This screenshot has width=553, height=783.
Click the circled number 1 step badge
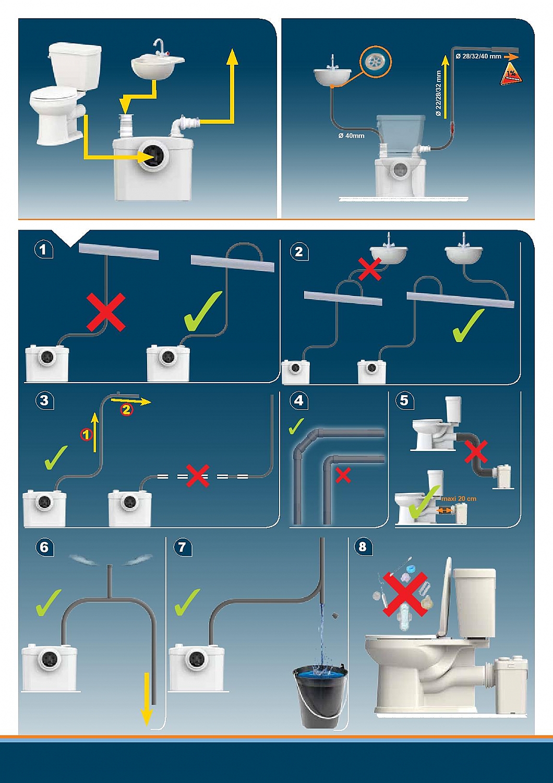43,250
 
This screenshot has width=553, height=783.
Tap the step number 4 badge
298,400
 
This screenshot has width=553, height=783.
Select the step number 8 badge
363,547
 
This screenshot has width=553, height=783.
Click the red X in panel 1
106,312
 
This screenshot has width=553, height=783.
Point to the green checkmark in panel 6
49,602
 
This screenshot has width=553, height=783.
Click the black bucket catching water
320,694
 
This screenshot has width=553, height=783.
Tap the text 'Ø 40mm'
351,136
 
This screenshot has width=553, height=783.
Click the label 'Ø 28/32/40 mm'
478,56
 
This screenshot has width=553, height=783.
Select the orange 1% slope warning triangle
511,75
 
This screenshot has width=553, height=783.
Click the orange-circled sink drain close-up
375,61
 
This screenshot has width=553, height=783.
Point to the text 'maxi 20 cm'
459,499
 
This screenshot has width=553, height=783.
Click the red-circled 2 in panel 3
126,410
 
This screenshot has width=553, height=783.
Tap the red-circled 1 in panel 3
87,434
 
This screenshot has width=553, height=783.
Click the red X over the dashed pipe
198,476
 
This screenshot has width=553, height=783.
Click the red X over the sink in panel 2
369,269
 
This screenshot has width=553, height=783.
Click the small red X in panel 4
343,475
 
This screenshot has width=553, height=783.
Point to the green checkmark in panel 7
187,602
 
